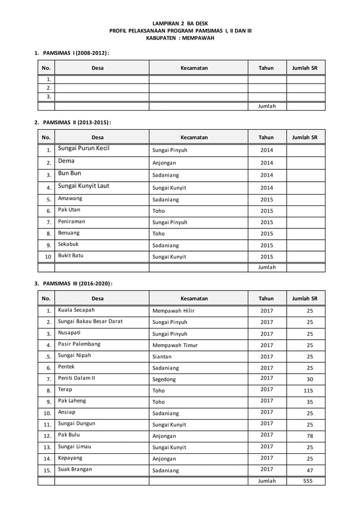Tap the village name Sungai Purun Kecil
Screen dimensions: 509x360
[84, 149]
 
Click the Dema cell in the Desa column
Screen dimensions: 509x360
[66, 161]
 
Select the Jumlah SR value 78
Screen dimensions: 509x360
[309, 436]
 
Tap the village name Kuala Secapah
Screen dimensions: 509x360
[76, 310]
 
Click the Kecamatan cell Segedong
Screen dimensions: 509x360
[166, 379]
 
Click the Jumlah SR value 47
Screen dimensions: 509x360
[309, 470]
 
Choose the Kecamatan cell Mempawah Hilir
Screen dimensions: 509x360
[174, 310]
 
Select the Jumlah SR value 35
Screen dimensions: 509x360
[309, 402]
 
